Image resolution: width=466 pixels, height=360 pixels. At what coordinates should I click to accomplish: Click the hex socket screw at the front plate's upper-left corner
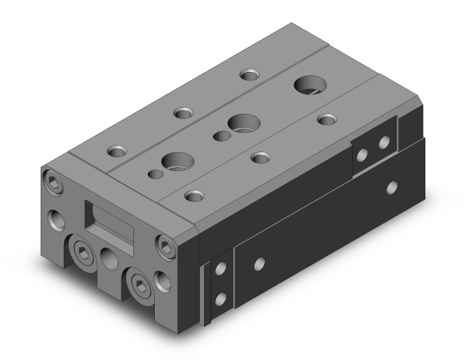click(x=53, y=181)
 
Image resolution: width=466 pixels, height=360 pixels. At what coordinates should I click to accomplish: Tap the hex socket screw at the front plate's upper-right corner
click(x=165, y=244)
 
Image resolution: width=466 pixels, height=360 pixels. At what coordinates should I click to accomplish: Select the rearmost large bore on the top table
click(x=308, y=84)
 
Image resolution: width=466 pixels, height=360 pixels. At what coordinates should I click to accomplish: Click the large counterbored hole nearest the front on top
click(x=173, y=162)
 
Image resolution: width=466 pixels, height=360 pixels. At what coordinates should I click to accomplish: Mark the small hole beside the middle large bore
click(x=220, y=136)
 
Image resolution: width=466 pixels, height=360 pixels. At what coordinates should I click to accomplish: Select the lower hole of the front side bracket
click(x=219, y=299)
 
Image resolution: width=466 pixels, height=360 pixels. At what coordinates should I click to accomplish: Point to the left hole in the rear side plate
click(x=361, y=155)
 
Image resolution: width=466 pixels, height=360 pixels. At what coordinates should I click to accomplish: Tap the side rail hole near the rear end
click(x=392, y=187)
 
